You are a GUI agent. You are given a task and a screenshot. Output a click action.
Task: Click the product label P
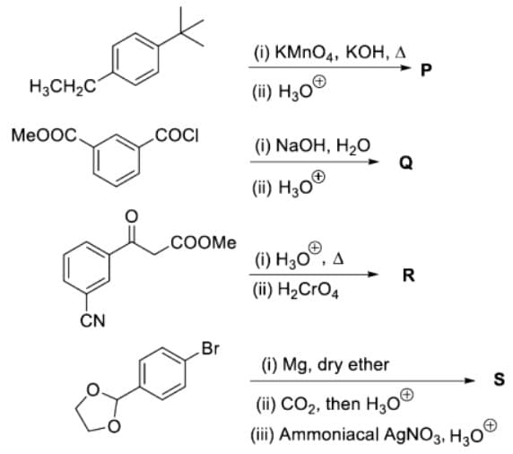coord(426,70)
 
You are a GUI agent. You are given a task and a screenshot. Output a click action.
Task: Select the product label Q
coord(406,162)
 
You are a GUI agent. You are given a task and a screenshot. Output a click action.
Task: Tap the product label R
coord(409,275)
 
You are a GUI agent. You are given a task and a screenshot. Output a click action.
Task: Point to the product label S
coord(499,380)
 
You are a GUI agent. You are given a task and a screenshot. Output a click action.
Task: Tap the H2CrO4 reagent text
coord(308,291)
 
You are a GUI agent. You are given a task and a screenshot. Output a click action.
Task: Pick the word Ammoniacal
coord(330,434)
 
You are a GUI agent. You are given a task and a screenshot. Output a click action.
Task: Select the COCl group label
coord(177,135)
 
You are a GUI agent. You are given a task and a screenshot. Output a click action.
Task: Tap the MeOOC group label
coord(44,135)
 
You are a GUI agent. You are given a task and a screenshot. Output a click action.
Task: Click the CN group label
coord(93,321)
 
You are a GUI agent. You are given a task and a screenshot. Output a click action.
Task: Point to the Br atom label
coord(211,349)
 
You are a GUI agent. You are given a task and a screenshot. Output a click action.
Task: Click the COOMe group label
coord(204,242)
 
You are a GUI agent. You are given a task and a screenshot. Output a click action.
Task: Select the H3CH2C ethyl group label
coord(63,87)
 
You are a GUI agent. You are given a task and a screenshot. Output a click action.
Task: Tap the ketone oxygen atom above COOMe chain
coord(132,216)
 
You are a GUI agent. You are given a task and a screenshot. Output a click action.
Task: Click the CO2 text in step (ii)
coord(298,405)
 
